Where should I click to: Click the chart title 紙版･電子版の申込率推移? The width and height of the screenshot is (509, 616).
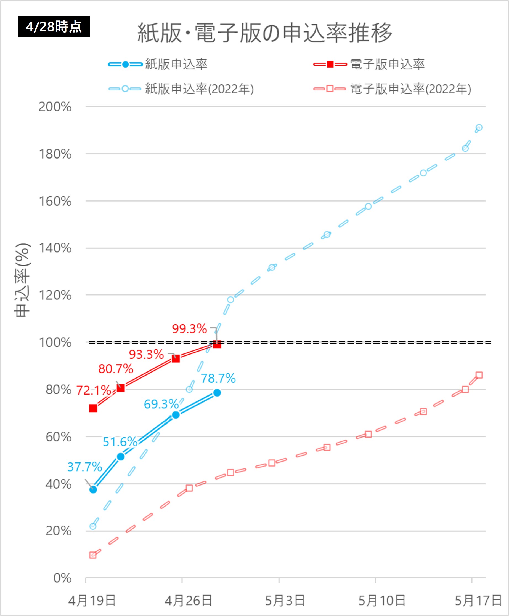(264, 33)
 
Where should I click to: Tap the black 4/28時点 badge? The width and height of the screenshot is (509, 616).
(54, 26)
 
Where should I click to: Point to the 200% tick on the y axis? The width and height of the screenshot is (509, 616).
(55, 107)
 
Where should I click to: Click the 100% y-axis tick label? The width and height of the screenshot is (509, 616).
(55, 342)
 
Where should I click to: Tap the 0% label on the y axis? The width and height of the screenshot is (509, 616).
(62, 578)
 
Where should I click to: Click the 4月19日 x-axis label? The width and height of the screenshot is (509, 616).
(92, 601)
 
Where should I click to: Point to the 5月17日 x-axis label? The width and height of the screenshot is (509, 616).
(478, 601)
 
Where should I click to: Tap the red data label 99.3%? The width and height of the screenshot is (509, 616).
(189, 329)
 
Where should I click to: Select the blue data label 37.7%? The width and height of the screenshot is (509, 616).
(84, 467)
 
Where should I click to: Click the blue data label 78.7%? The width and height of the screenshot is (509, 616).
(218, 378)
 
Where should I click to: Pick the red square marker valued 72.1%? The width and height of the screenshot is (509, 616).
(93, 408)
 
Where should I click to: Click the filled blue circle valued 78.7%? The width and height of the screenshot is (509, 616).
(217, 393)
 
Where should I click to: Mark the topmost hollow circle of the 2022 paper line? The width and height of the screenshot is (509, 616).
(479, 128)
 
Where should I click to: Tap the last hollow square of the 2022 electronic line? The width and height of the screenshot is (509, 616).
(479, 375)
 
